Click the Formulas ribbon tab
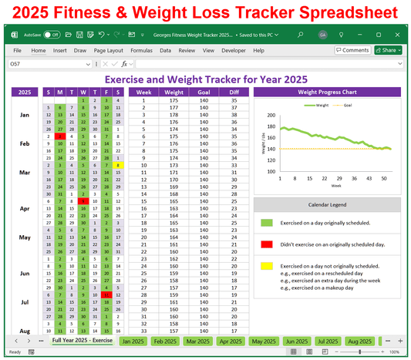point(141,50)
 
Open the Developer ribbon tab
point(234,50)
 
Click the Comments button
point(352,50)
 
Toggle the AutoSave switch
point(52,35)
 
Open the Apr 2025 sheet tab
point(231,341)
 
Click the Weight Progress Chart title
point(327,92)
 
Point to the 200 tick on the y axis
point(271,114)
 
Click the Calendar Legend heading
point(327,205)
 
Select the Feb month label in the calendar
point(24,143)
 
